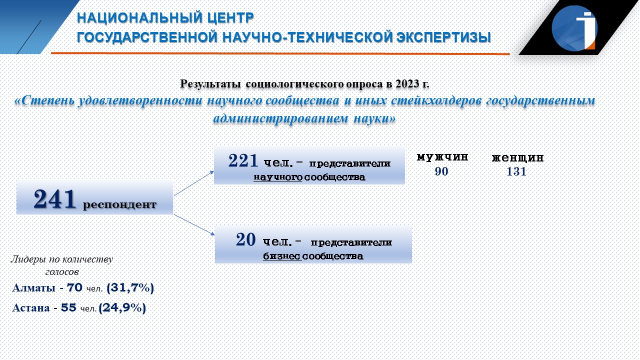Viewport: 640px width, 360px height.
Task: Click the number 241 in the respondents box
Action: (54, 199)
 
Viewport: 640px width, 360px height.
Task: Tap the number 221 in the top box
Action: (243, 160)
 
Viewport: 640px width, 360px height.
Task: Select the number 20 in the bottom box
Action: (245, 239)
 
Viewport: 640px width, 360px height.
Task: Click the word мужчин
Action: (442, 157)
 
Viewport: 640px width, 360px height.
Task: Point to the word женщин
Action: (517, 157)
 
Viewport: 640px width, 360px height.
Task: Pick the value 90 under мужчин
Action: (441, 171)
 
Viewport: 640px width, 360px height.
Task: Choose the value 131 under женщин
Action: (516, 171)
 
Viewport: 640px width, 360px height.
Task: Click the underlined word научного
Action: (277, 177)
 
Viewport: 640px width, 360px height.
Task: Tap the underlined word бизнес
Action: (282, 256)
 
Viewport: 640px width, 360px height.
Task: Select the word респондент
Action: (119, 204)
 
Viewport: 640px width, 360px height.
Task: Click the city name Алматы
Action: (33, 287)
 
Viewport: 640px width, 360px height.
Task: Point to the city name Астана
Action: (31, 307)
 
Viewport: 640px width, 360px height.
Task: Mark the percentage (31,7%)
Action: (130, 287)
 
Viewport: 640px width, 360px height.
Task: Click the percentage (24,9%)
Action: (122, 307)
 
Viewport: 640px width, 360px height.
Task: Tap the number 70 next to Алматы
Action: (74, 287)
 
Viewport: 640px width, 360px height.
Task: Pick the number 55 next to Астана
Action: (68, 307)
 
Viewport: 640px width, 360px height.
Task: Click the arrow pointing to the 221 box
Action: (194, 183)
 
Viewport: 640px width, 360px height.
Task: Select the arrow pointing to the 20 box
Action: (194, 225)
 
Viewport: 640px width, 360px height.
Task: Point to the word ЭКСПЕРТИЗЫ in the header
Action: (443, 37)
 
